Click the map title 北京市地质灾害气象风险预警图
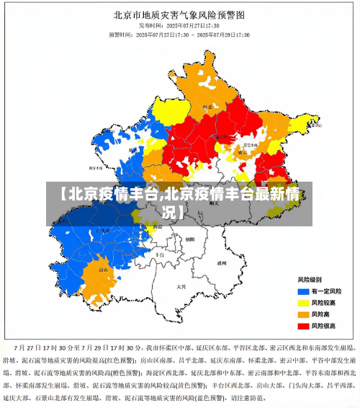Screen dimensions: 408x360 [x=179, y=14]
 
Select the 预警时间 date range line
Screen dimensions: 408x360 [x=179, y=34]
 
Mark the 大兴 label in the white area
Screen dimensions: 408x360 [x=181, y=286]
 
